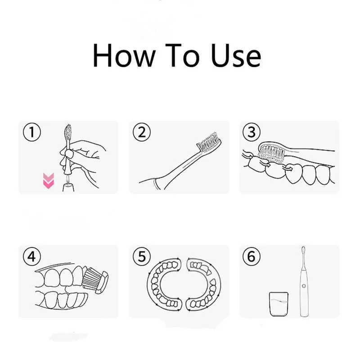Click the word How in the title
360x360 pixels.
(x=124, y=55)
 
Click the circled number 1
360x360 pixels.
(x=32, y=132)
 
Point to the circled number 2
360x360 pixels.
(x=142, y=132)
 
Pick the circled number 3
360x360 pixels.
(x=252, y=132)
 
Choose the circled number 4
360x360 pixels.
(x=32, y=256)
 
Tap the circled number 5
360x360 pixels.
(x=142, y=256)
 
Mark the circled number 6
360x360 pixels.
(x=252, y=256)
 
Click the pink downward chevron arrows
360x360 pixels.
(x=49, y=181)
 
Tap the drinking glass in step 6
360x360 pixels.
(x=279, y=304)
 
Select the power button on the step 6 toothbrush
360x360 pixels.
(x=304, y=286)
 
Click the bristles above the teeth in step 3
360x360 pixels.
(x=272, y=153)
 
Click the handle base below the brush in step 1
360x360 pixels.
(x=68, y=187)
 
